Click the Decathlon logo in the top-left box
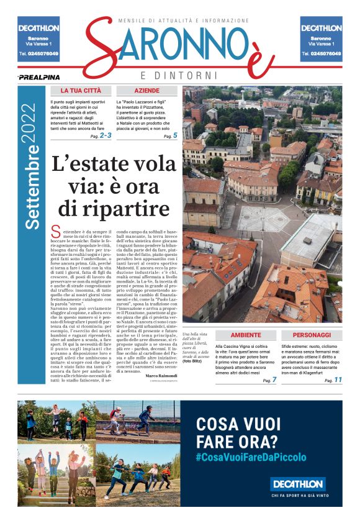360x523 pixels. pos(39,28)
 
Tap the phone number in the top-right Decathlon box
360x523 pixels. pos(321,54)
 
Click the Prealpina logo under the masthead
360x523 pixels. pos(38,77)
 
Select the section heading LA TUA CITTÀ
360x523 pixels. pos(81,91)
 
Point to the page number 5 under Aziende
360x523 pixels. pos(175,135)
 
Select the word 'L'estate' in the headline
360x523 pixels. pos(86,166)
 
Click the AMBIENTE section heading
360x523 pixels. pos(246,334)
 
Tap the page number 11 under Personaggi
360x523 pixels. pos(338,380)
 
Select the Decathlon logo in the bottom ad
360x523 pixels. pos(298,483)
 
